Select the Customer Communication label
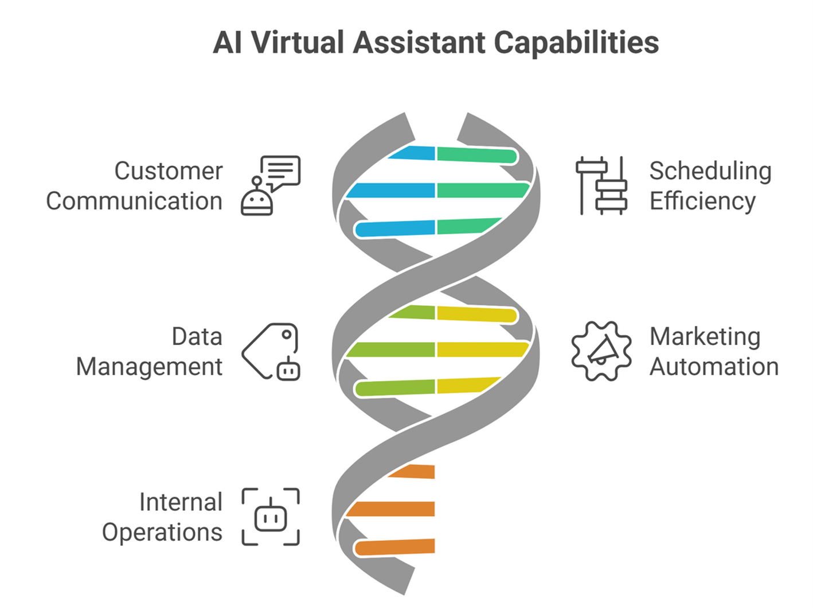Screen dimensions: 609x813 (135, 186)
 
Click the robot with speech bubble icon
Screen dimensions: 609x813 (270, 185)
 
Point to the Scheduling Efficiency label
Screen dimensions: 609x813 (710, 186)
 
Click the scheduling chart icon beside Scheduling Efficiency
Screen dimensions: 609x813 (601, 185)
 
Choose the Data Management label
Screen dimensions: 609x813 (150, 351)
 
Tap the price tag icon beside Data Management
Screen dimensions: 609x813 (271, 351)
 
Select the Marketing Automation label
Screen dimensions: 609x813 (713, 351)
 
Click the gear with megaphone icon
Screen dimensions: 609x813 (601, 351)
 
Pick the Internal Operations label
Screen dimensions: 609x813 (162, 517)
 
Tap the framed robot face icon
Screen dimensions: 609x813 (271, 517)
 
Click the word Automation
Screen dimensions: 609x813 (714, 367)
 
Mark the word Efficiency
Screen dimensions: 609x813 (702, 201)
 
